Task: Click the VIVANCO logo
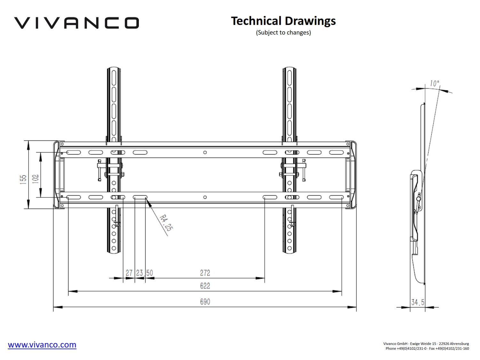point(76,23)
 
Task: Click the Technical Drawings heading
point(284,21)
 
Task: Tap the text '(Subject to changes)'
point(284,33)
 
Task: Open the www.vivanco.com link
point(42,345)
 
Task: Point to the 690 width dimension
point(205,302)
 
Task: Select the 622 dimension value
point(205,286)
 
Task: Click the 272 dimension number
point(205,273)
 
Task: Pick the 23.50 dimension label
point(145,273)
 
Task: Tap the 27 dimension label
point(129,273)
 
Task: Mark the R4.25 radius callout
point(166,223)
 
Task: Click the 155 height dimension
point(23,180)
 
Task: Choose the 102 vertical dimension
point(36,179)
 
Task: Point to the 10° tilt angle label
point(434,83)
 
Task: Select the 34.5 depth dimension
point(418,302)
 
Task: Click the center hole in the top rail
point(205,152)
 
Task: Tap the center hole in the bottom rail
point(205,197)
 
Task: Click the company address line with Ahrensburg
point(426,344)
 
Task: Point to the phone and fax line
point(427,348)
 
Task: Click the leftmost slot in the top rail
point(74,152)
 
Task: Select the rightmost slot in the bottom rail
point(336,197)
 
